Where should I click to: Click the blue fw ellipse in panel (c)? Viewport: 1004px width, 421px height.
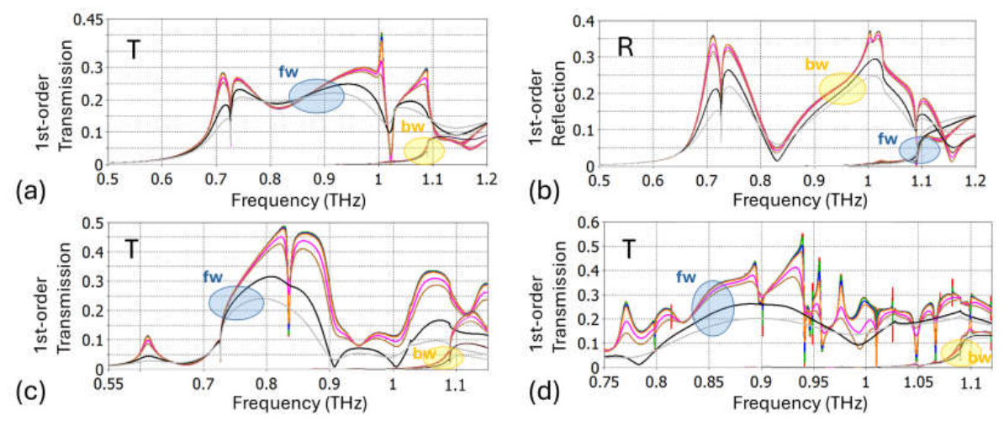click(236, 302)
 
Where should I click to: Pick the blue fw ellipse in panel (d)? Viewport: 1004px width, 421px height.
click(713, 308)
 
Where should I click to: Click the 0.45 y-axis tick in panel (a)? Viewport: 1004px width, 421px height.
click(87, 20)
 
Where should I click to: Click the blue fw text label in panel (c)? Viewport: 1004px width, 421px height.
click(214, 278)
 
